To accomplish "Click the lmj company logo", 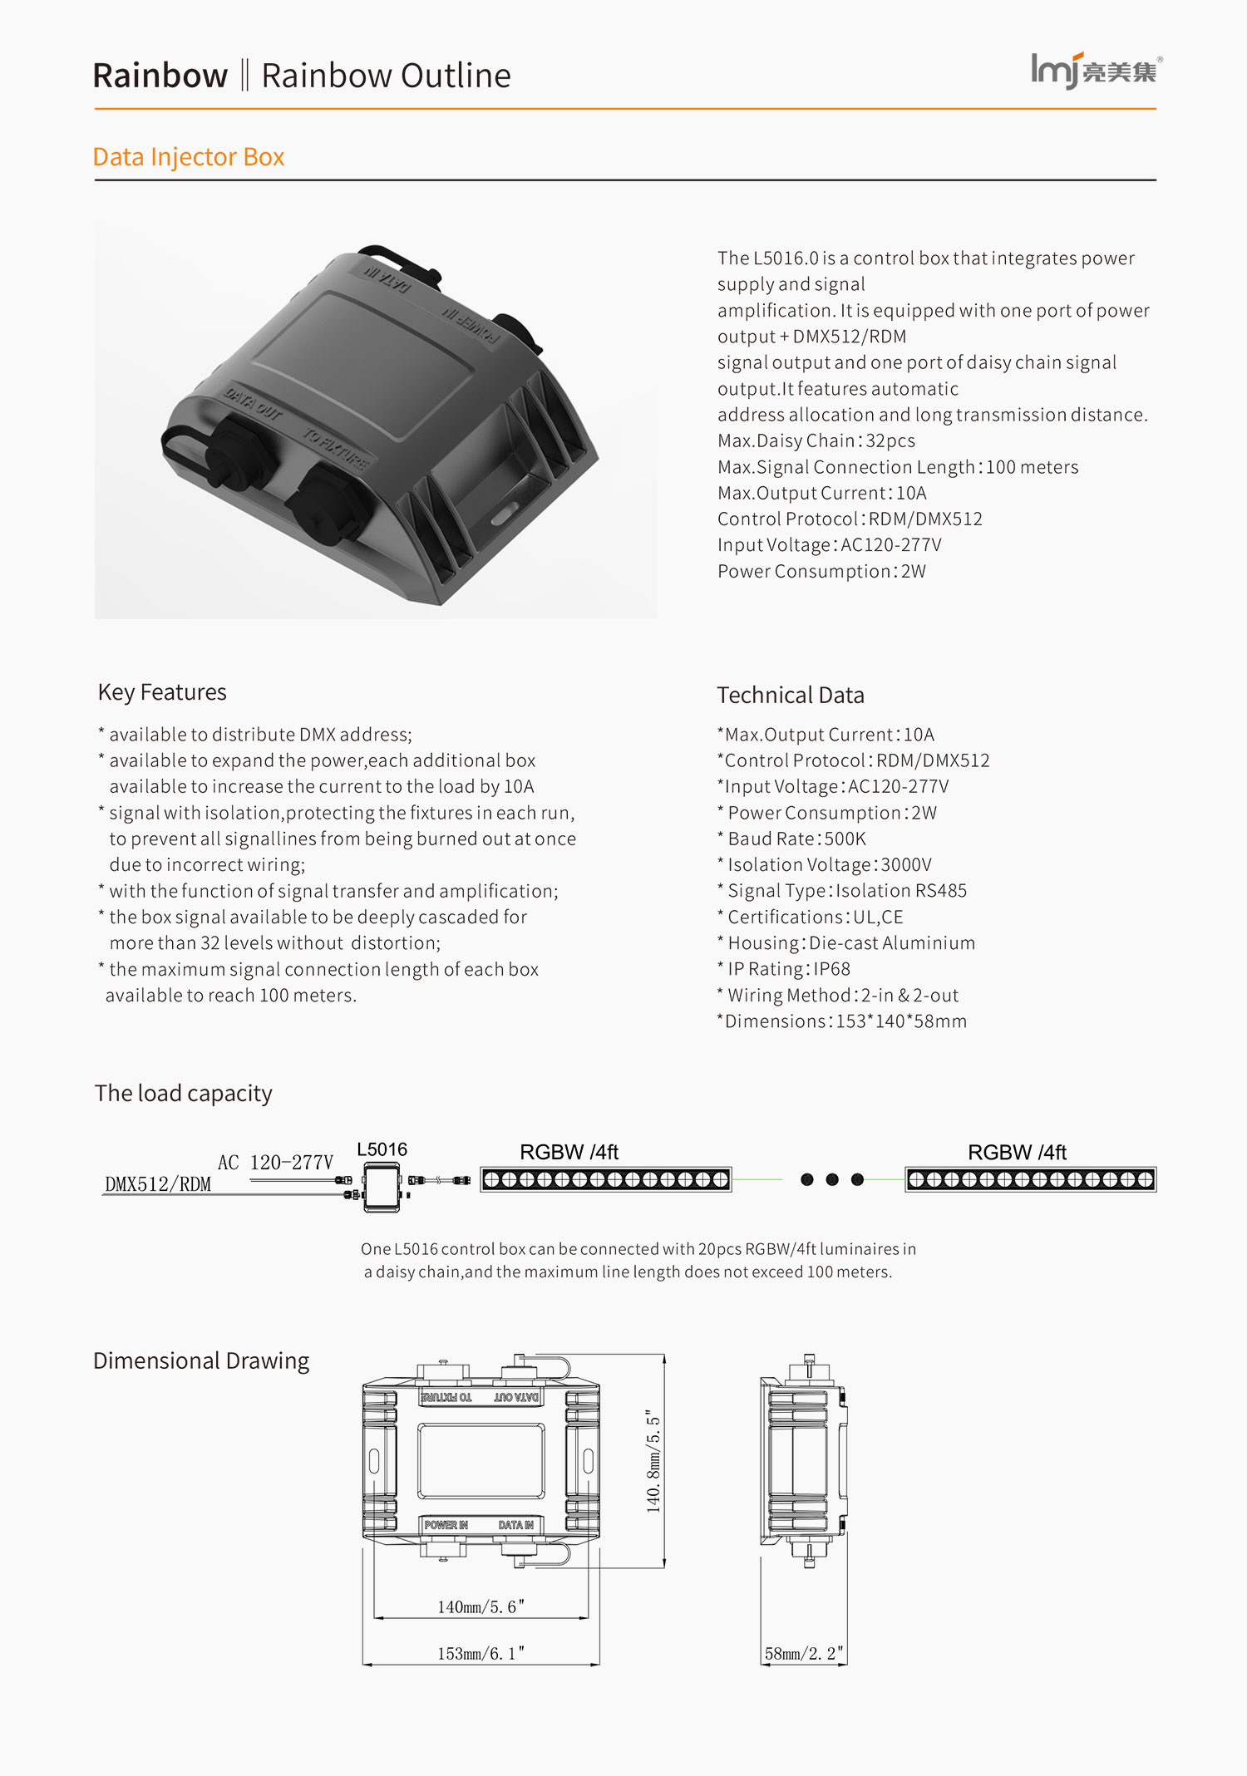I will click(1096, 71).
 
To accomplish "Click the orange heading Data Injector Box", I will click(189, 157).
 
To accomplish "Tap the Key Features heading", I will click(162, 692).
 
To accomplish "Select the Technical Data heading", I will click(791, 696).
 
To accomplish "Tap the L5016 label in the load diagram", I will click(382, 1149).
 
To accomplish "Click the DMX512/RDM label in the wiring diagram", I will click(158, 1184).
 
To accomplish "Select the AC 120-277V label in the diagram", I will click(275, 1163).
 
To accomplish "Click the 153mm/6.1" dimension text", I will click(481, 1654).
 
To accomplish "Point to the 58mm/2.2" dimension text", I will click(804, 1654).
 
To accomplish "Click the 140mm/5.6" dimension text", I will click(481, 1607).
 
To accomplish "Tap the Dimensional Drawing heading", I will click(201, 1361).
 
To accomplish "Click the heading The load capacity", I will click(184, 1094).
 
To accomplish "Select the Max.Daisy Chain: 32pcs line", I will click(816, 441).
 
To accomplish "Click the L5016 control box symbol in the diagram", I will click(382, 1186).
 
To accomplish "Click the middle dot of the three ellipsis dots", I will click(832, 1179).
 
